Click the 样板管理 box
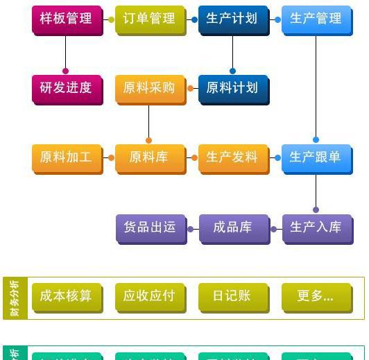(x=66, y=19)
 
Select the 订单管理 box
(x=149, y=19)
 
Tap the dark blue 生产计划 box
(x=232, y=19)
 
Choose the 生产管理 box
(x=316, y=19)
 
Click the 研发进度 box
(x=66, y=88)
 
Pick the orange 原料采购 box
(x=149, y=88)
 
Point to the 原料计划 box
(x=232, y=88)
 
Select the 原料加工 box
(x=66, y=157)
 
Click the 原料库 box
(x=149, y=157)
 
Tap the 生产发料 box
(x=232, y=157)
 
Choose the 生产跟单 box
(x=316, y=157)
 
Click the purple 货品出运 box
(x=149, y=227)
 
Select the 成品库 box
(x=232, y=227)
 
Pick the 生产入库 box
(x=316, y=227)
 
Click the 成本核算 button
(x=66, y=296)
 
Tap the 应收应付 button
(x=149, y=296)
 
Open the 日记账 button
(x=232, y=296)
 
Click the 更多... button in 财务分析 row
(x=316, y=296)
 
